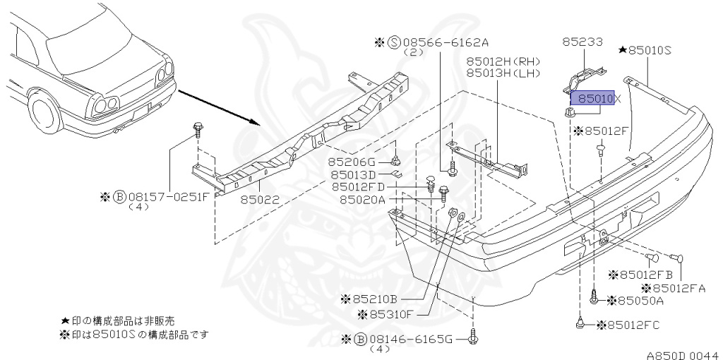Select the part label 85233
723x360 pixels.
582,42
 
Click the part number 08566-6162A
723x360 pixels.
446,43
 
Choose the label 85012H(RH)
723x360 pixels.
503,61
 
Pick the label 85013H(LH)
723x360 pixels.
503,73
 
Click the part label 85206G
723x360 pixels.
352,162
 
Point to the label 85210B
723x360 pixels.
374,299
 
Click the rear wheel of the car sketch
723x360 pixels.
44,111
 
